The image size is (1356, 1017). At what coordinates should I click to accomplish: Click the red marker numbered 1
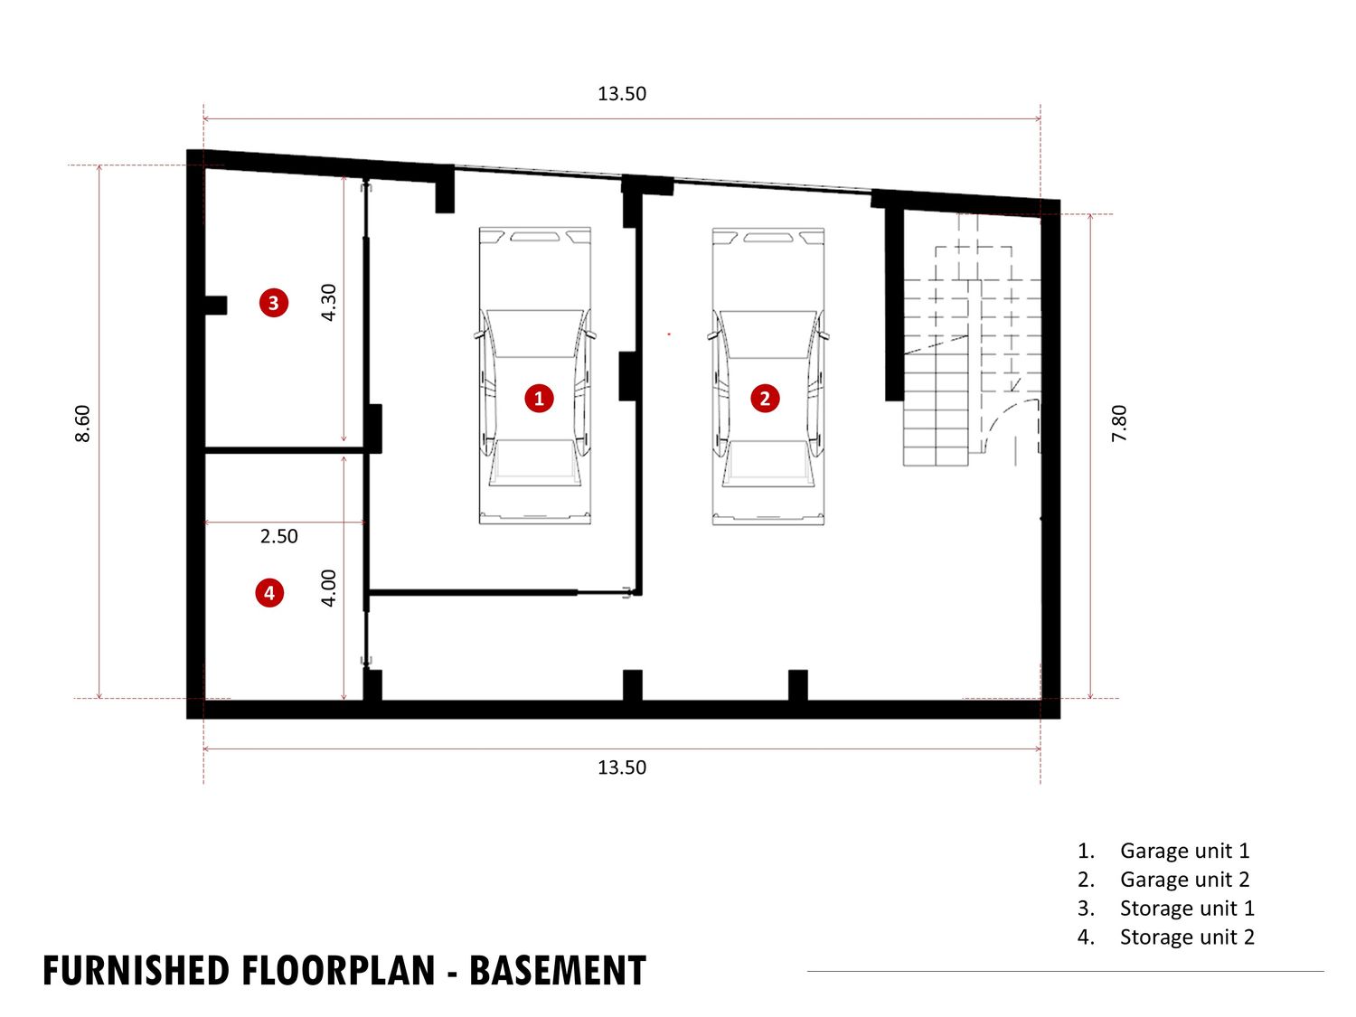click(539, 399)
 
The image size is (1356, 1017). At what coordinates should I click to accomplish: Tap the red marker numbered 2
click(765, 399)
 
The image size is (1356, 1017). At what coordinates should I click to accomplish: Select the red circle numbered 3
click(274, 303)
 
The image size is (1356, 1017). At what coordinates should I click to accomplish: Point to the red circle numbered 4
click(269, 593)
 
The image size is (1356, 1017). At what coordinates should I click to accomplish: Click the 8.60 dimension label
click(82, 424)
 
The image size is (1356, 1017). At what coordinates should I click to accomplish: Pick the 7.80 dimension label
click(1119, 424)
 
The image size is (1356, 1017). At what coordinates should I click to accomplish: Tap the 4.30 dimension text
click(329, 303)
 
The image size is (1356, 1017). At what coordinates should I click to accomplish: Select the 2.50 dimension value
click(278, 536)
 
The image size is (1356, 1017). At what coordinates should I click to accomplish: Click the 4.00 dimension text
click(329, 588)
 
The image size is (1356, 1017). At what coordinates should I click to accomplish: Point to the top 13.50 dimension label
click(621, 94)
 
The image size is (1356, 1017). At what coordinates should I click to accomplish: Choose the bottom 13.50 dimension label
click(621, 767)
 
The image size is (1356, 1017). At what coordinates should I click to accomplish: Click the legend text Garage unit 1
click(1185, 851)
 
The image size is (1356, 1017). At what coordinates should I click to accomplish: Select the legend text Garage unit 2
click(1185, 880)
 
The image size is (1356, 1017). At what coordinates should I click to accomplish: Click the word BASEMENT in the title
click(558, 971)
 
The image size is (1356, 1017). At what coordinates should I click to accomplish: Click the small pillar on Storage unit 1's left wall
click(215, 306)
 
